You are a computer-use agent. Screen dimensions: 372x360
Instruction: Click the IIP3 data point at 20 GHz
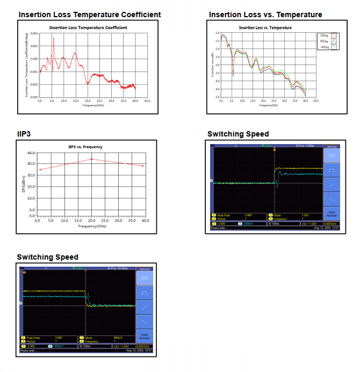pos(92,159)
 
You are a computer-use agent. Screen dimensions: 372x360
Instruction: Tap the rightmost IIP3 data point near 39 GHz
pos(143,166)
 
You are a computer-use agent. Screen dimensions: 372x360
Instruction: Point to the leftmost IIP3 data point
pos(40,170)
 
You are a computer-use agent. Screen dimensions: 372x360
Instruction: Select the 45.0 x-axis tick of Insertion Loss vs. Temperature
pos(315,101)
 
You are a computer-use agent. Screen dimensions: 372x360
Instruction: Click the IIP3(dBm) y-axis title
pos(24,183)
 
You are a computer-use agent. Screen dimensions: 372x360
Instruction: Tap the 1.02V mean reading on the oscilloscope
pos(290,215)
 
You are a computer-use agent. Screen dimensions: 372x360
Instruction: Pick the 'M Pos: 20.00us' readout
pos(118,267)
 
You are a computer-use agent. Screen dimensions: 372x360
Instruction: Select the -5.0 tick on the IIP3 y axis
pos(31,215)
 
